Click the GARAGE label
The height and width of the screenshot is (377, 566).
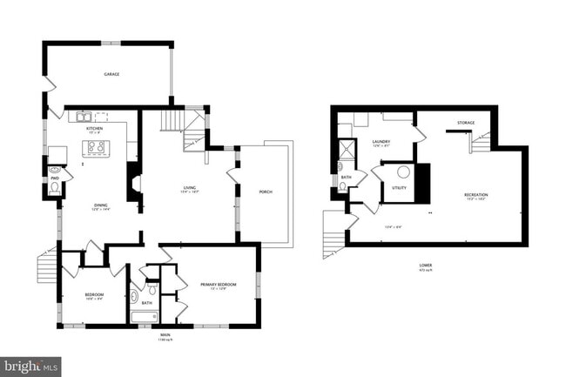(111, 74)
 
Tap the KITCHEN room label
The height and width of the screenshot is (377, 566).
(94, 128)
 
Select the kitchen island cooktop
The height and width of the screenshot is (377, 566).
(93, 148)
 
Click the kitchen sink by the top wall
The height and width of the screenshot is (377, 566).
(84, 116)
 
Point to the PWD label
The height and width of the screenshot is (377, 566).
(54, 178)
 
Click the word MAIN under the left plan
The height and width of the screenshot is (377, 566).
(163, 333)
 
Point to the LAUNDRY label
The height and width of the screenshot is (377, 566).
(381, 142)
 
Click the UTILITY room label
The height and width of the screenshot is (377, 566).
(399, 187)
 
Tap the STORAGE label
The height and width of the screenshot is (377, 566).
(466, 123)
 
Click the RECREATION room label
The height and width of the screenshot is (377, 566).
(475, 194)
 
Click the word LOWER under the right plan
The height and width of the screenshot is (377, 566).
(426, 264)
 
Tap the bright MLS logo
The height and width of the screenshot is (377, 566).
(31, 367)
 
